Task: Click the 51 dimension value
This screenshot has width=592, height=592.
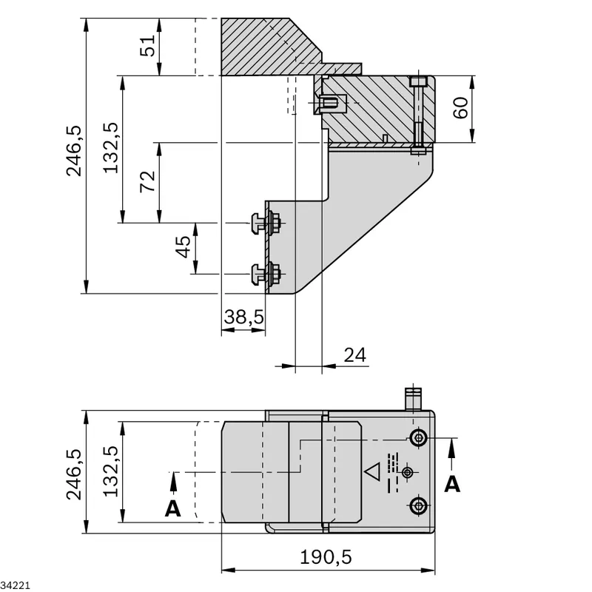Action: click(148, 46)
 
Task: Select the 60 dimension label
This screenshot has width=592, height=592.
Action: click(460, 108)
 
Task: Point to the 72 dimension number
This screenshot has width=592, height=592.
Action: click(148, 181)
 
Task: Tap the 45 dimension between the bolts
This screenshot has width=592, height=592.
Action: click(184, 247)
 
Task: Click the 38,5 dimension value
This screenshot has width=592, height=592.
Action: click(244, 317)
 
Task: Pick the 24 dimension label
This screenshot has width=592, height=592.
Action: click(355, 355)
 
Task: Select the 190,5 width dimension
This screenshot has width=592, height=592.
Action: click(326, 557)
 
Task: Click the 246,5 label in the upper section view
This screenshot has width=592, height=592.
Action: click(74, 151)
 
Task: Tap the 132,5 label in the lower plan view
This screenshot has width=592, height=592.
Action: click(111, 471)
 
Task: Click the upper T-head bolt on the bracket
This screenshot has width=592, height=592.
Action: click(266, 223)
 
